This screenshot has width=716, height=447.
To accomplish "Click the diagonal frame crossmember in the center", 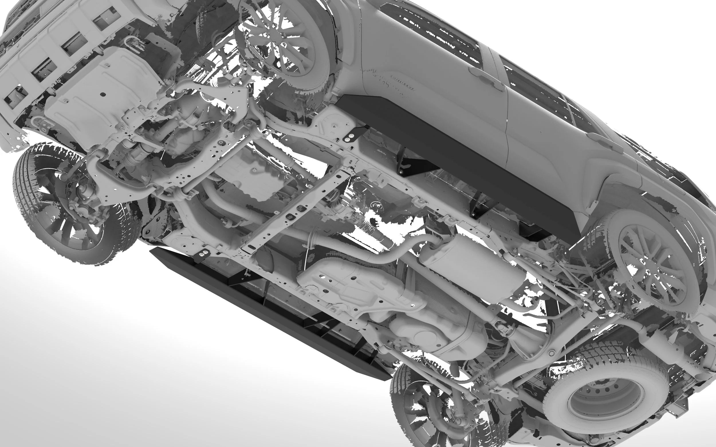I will click(296, 210).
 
